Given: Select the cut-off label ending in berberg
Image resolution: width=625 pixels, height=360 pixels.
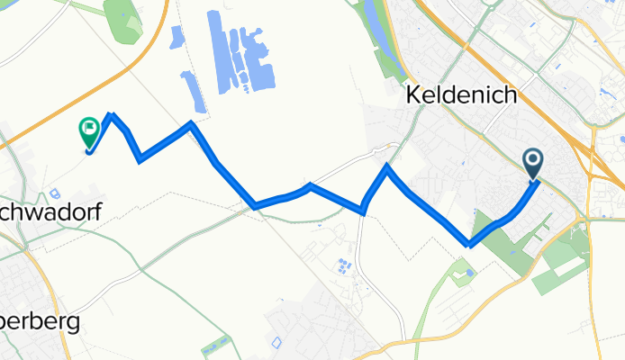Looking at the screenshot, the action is point(40,321).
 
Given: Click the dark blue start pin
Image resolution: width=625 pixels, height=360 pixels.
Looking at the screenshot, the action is point(532,162).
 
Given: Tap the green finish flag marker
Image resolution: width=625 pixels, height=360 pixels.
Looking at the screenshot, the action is point(89,133).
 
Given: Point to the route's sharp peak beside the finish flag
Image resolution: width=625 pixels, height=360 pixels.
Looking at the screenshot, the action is point(112,115).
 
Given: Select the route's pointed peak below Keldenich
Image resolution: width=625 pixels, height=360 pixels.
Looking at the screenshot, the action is point(386,166).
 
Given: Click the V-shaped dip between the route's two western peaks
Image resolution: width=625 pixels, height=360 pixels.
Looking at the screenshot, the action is point(140,160).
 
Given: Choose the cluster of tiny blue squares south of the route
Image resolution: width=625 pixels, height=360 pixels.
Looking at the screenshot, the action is point(343,266).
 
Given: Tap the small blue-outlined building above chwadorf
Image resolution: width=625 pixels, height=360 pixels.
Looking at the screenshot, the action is point(55,192).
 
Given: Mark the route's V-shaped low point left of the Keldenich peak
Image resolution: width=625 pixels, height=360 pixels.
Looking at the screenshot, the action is point(363,212).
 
